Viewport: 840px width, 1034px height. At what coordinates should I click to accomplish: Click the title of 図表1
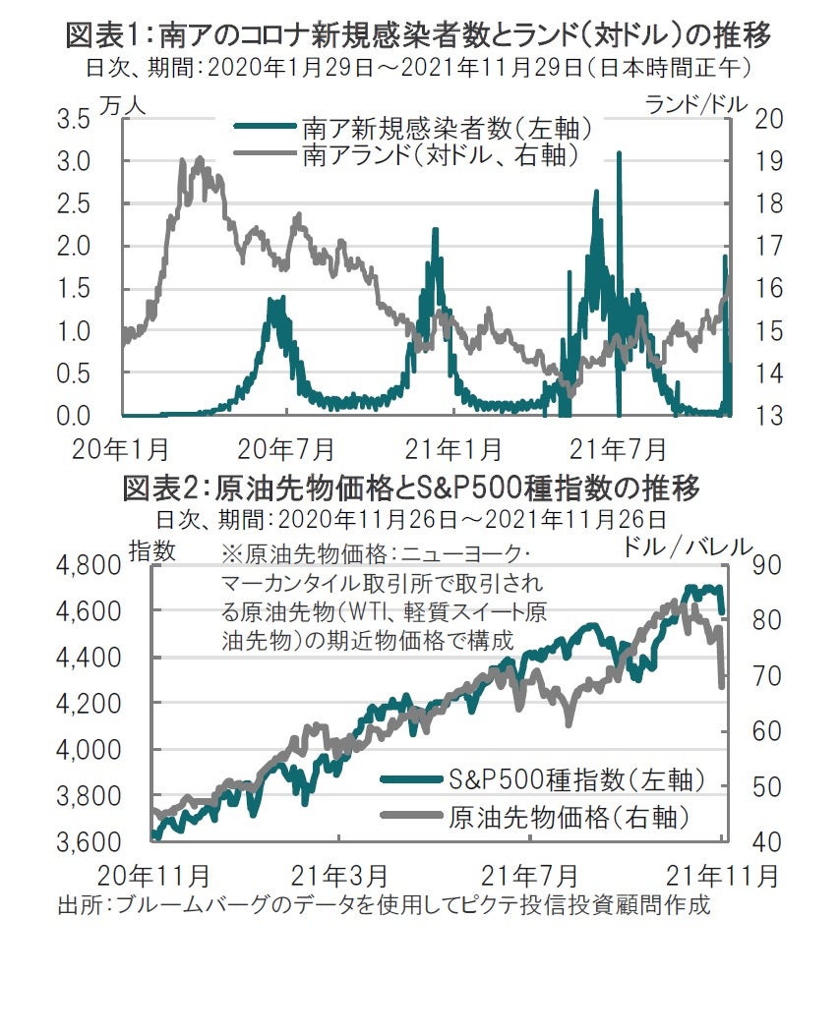coord(417,36)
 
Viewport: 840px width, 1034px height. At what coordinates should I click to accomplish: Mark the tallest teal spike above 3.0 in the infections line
coord(619,154)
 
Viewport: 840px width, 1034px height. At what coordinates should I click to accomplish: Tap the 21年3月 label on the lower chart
coord(338,874)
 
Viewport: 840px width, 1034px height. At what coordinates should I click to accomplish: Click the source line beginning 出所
coord(384,904)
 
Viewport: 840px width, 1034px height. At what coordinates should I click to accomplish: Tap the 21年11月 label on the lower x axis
coord(723,874)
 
